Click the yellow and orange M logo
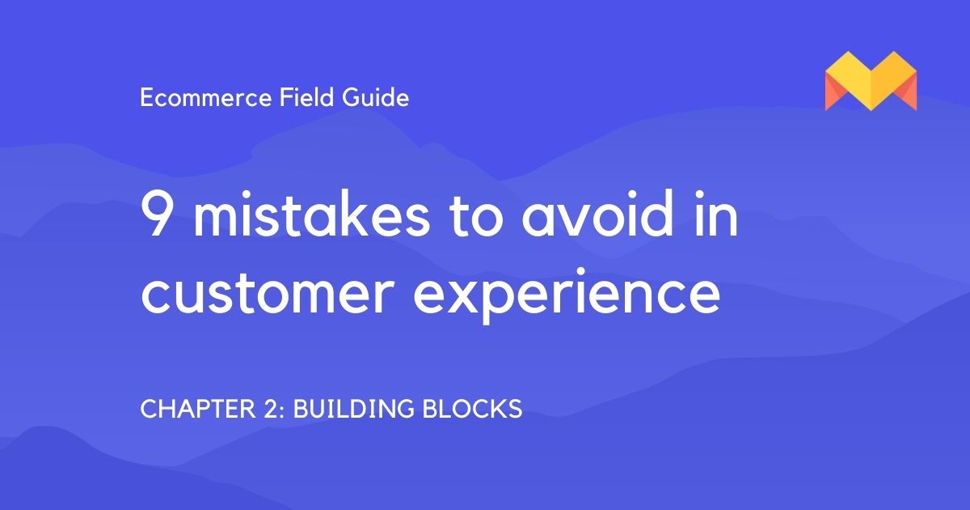tap(871, 81)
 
